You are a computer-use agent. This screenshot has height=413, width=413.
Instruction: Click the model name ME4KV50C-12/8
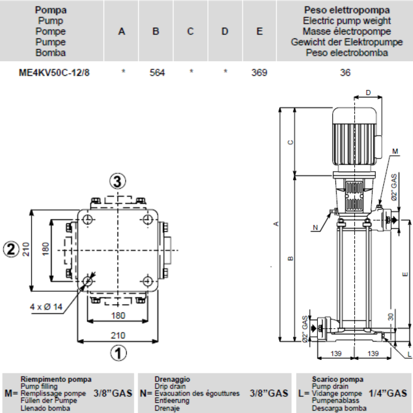pos(54,73)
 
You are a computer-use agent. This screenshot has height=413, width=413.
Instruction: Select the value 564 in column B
pos(157,73)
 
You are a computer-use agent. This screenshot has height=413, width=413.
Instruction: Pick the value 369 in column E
pos(259,73)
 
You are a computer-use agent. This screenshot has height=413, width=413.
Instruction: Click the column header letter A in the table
pos(121,31)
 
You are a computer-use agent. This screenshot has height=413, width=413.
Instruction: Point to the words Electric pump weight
pos(347,21)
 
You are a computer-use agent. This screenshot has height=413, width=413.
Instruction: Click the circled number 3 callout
pos(118,181)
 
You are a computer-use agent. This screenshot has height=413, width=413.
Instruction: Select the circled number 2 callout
pos(11,249)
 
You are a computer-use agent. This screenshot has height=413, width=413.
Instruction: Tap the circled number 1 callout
pos(118,352)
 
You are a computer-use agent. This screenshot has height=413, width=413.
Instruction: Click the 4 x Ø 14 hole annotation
pos(46,306)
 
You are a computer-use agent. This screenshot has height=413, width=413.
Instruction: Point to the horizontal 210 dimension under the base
pos(118,335)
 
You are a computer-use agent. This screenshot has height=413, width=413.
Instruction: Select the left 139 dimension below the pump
pos(336,353)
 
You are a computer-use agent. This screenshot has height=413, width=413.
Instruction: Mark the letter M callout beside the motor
pos(395,151)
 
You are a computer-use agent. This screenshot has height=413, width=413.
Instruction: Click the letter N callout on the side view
pos(315,227)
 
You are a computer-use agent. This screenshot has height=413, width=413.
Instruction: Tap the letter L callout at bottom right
pos(409,354)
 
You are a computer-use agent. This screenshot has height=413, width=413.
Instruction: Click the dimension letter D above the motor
pos(368,93)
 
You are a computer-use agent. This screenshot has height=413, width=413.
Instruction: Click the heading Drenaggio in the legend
pos(172,379)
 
